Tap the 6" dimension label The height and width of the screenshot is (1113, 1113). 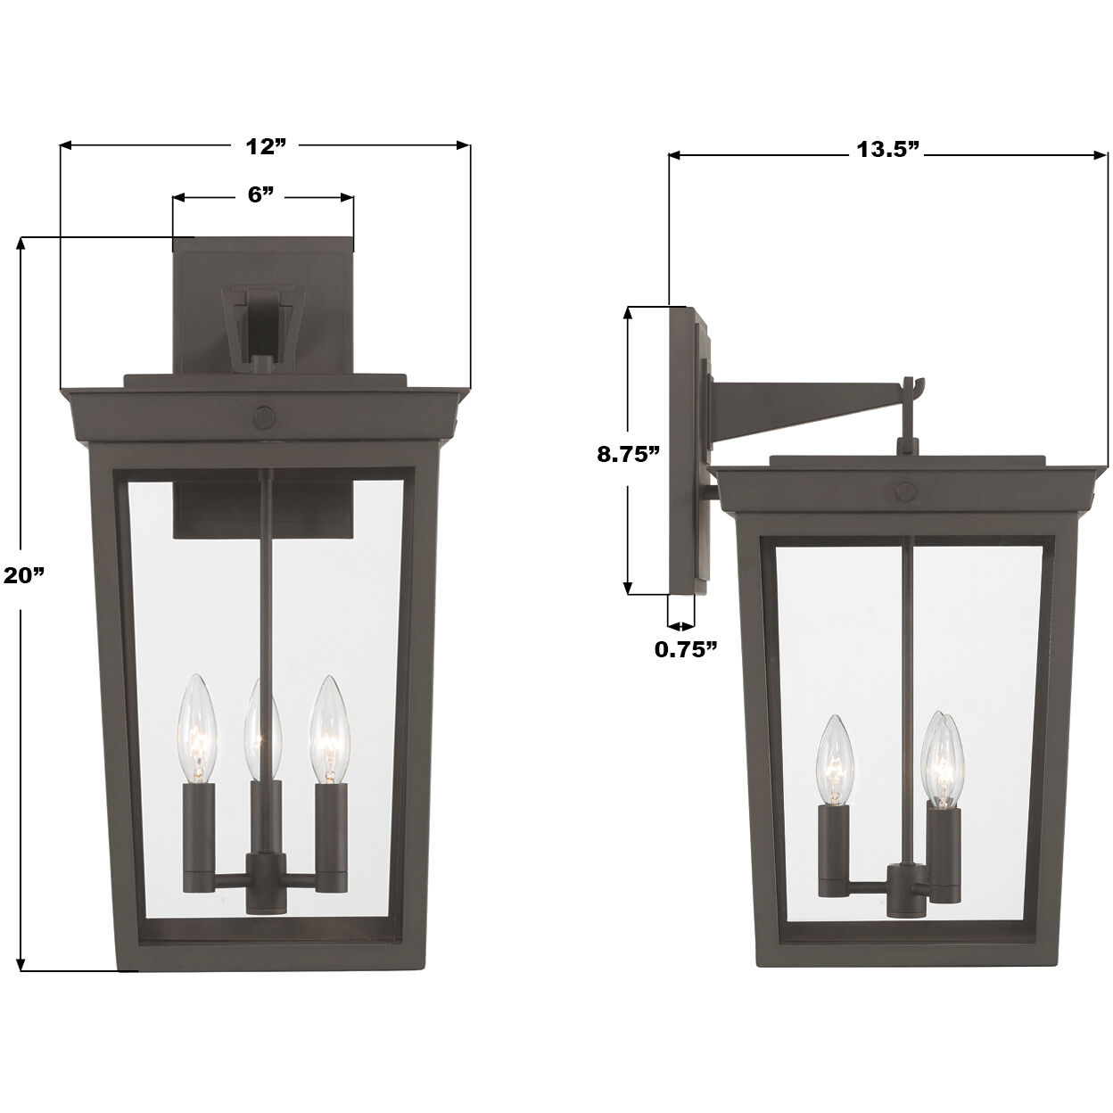(260, 195)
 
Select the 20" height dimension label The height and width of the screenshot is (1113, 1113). (24, 575)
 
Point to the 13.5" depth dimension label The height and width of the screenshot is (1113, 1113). (887, 149)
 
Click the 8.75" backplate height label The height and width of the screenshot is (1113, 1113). (628, 452)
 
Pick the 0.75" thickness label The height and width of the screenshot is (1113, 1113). (686, 648)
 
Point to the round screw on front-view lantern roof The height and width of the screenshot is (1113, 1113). (264, 416)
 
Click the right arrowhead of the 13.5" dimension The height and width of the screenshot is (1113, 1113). (1102, 155)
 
